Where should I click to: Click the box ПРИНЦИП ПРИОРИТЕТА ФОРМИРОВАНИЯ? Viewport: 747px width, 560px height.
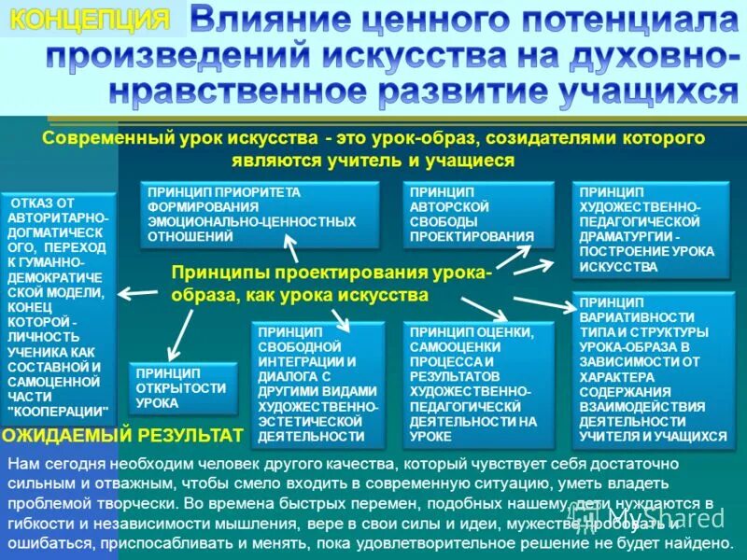point(260,215)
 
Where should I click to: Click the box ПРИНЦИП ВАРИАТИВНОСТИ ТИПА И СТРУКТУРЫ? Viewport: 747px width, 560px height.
point(653,370)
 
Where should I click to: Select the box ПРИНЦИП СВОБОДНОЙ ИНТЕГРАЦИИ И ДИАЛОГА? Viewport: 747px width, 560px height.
point(318,384)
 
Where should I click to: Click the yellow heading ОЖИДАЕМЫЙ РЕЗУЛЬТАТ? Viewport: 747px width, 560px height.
point(122,435)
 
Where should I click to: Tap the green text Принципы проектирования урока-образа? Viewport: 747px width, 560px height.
point(331,283)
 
